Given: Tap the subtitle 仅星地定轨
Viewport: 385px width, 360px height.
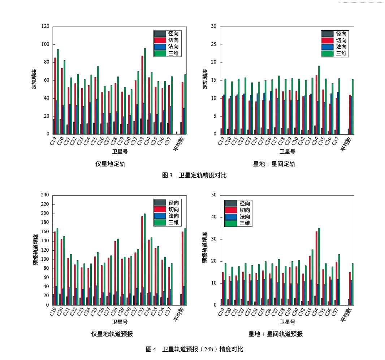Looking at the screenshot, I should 111,164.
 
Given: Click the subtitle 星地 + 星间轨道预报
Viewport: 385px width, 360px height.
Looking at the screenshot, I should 276,334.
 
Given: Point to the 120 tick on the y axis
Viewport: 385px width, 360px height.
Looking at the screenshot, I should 46,26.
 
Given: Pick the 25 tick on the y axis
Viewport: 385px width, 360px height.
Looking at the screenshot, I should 213,44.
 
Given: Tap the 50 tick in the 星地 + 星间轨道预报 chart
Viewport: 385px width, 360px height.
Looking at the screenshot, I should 213,195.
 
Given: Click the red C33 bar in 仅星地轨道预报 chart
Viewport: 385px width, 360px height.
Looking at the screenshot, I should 142,260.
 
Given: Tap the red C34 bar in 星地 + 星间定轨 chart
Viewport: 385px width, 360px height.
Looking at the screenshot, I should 316,105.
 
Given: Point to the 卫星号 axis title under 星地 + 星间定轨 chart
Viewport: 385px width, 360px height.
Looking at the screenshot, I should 287,152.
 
